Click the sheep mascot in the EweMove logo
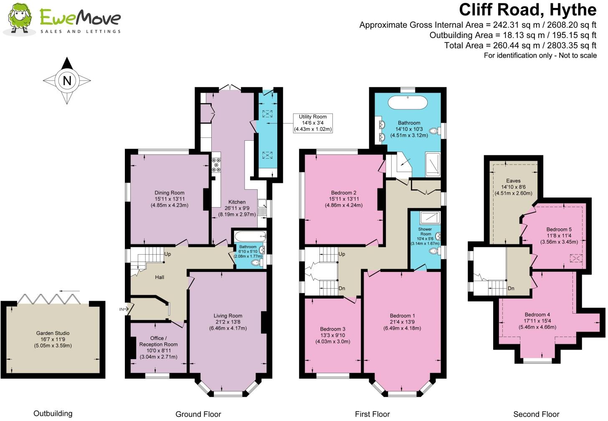(x=19, y=18)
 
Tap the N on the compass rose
(x=67, y=80)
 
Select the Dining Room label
(x=169, y=193)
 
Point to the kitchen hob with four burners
(x=216, y=165)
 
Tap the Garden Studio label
(x=53, y=333)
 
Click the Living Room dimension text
(x=228, y=328)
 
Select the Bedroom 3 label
(x=332, y=329)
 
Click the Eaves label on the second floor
(x=513, y=180)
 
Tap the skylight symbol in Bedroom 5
(x=577, y=259)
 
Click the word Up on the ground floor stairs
(x=167, y=254)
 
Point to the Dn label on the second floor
(x=511, y=288)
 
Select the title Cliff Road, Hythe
(x=527, y=9)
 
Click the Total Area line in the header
(x=520, y=45)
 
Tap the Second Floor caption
(x=536, y=414)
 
